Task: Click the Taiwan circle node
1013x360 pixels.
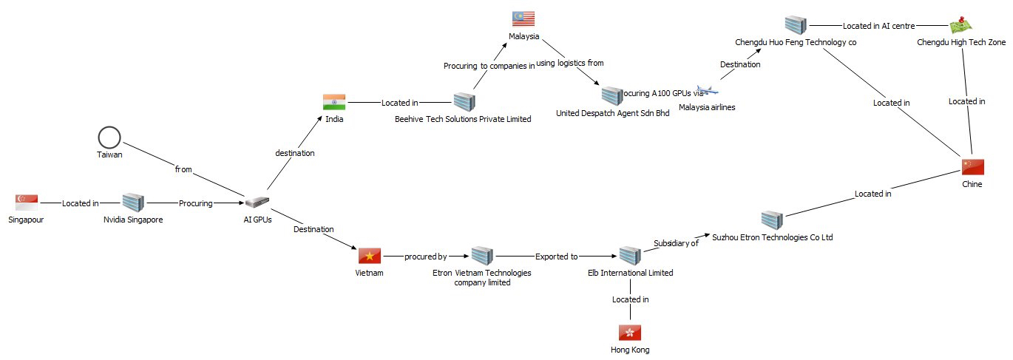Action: coord(109,137)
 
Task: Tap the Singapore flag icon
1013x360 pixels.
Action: coord(27,202)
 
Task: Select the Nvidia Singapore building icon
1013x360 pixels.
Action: coord(133,202)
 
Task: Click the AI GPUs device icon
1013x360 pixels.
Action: coord(257,202)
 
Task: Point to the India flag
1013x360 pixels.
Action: coord(334,102)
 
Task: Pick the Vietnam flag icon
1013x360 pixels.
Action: coord(370,256)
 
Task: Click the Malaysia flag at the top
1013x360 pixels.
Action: coord(523,18)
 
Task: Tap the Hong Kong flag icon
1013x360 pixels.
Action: coord(630,332)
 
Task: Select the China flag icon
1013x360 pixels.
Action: coord(972,166)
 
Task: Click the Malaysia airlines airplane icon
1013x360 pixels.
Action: coord(708,91)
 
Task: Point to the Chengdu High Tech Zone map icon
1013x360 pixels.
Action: coord(961,26)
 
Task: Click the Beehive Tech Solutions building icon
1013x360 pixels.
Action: coord(464,102)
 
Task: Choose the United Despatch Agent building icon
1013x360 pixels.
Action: coord(612,95)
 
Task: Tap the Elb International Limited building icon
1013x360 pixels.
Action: coord(630,256)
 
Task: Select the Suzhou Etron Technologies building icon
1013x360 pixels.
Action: coord(772,220)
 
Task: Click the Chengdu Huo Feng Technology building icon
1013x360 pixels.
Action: coord(796,25)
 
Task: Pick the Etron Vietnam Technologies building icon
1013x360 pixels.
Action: coord(482,256)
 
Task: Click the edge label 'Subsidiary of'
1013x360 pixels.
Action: coord(676,242)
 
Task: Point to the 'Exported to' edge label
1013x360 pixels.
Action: coord(557,257)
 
